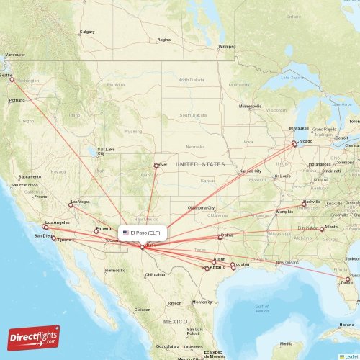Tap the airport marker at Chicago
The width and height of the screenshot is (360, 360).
coord(294,143)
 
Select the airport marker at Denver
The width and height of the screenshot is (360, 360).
coord(156,166)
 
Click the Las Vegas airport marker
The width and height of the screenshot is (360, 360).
coord(71,205)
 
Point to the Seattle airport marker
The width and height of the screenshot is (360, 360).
coord(12,79)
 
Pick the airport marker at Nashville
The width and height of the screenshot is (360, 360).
coord(304,204)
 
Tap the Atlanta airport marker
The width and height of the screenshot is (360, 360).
coord(322,229)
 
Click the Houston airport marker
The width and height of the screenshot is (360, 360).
coord(233,267)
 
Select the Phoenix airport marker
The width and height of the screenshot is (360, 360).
coord(96,231)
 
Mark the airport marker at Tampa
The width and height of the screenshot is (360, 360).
coord(348,279)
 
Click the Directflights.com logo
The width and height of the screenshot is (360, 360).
coord(34,337)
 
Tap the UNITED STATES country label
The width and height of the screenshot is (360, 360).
coord(200,165)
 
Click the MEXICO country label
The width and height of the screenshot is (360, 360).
coord(175,320)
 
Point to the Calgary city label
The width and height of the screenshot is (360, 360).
coord(87,32)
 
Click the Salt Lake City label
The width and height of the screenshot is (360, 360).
coord(106,151)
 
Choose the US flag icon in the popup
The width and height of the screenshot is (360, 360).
coord(126,233)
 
